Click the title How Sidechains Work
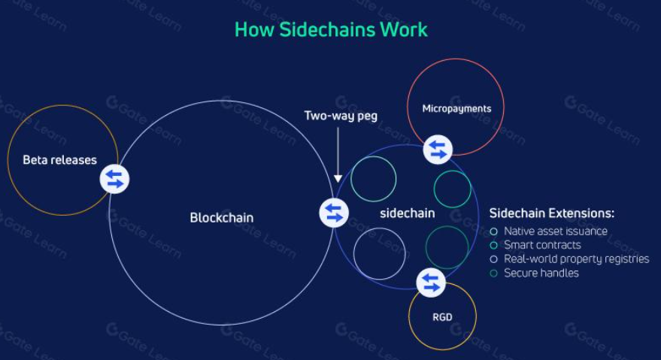point(331,29)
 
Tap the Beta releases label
point(60,160)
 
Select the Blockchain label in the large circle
point(222,217)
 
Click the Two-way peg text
point(341,116)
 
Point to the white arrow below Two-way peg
point(338,155)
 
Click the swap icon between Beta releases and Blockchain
point(114,179)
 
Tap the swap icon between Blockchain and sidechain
point(334,213)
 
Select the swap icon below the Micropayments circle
point(438,150)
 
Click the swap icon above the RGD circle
point(431,283)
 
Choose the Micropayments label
point(456,109)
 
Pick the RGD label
point(442,317)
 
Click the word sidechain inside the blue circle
point(408,213)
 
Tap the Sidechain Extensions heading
point(551,213)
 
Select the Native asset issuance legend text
point(556,231)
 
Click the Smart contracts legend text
point(542,245)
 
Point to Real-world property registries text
point(576,259)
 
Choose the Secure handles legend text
point(541,273)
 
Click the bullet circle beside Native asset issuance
point(493,231)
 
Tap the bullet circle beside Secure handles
point(493,273)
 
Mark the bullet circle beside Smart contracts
point(493,245)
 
